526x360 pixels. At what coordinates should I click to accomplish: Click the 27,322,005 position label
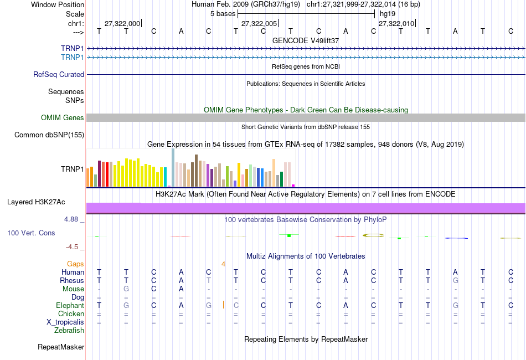pyautogui.click(x=259, y=24)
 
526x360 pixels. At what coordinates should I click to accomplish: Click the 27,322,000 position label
pyautogui.click(x=122, y=24)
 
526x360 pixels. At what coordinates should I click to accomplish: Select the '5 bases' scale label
pyautogui.click(x=223, y=13)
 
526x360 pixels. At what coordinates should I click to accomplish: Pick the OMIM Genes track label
pyautogui.click(x=63, y=117)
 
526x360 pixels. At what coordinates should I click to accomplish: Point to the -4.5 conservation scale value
pyautogui.click(x=73, y=247)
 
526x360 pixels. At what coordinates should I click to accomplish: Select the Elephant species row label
pyautogui.click(x=70, y=305)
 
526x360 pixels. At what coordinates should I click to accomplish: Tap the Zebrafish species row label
pyautogui.click(x=69, y=331)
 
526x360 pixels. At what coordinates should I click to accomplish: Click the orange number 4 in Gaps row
pyautogui.click(x=223, y=264)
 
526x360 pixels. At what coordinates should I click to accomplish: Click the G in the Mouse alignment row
pyautogui.click(x=126, y=289)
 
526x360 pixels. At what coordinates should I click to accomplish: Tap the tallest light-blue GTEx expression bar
pyautogui.click(x=173, y=167)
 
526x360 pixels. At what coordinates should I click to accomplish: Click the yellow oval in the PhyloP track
pyautogui.click(x=373, y=235)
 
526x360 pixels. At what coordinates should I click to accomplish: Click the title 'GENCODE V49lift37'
pyautogui.click(x=306, y=40)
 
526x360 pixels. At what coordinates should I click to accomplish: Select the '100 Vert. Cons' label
pyautogui.click(x=31, y=233)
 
